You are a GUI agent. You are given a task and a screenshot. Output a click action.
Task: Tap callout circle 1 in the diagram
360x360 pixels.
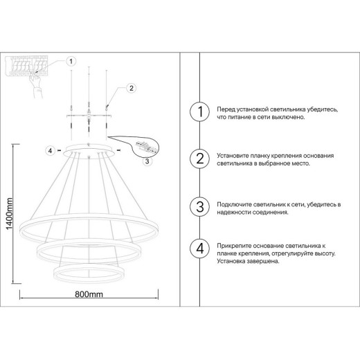[x=70, y=61]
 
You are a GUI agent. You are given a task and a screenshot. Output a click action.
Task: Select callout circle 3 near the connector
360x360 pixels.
[x=146, y=162]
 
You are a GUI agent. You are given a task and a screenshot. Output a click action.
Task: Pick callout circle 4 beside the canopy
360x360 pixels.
[x=49, y=150]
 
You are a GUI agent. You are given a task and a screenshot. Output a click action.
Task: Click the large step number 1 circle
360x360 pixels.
[x=199, y=112]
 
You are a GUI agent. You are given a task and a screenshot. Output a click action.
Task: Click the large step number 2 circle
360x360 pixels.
[x=199, y=159]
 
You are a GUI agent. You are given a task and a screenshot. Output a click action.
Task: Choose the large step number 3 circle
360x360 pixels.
[x=199, y=206]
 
